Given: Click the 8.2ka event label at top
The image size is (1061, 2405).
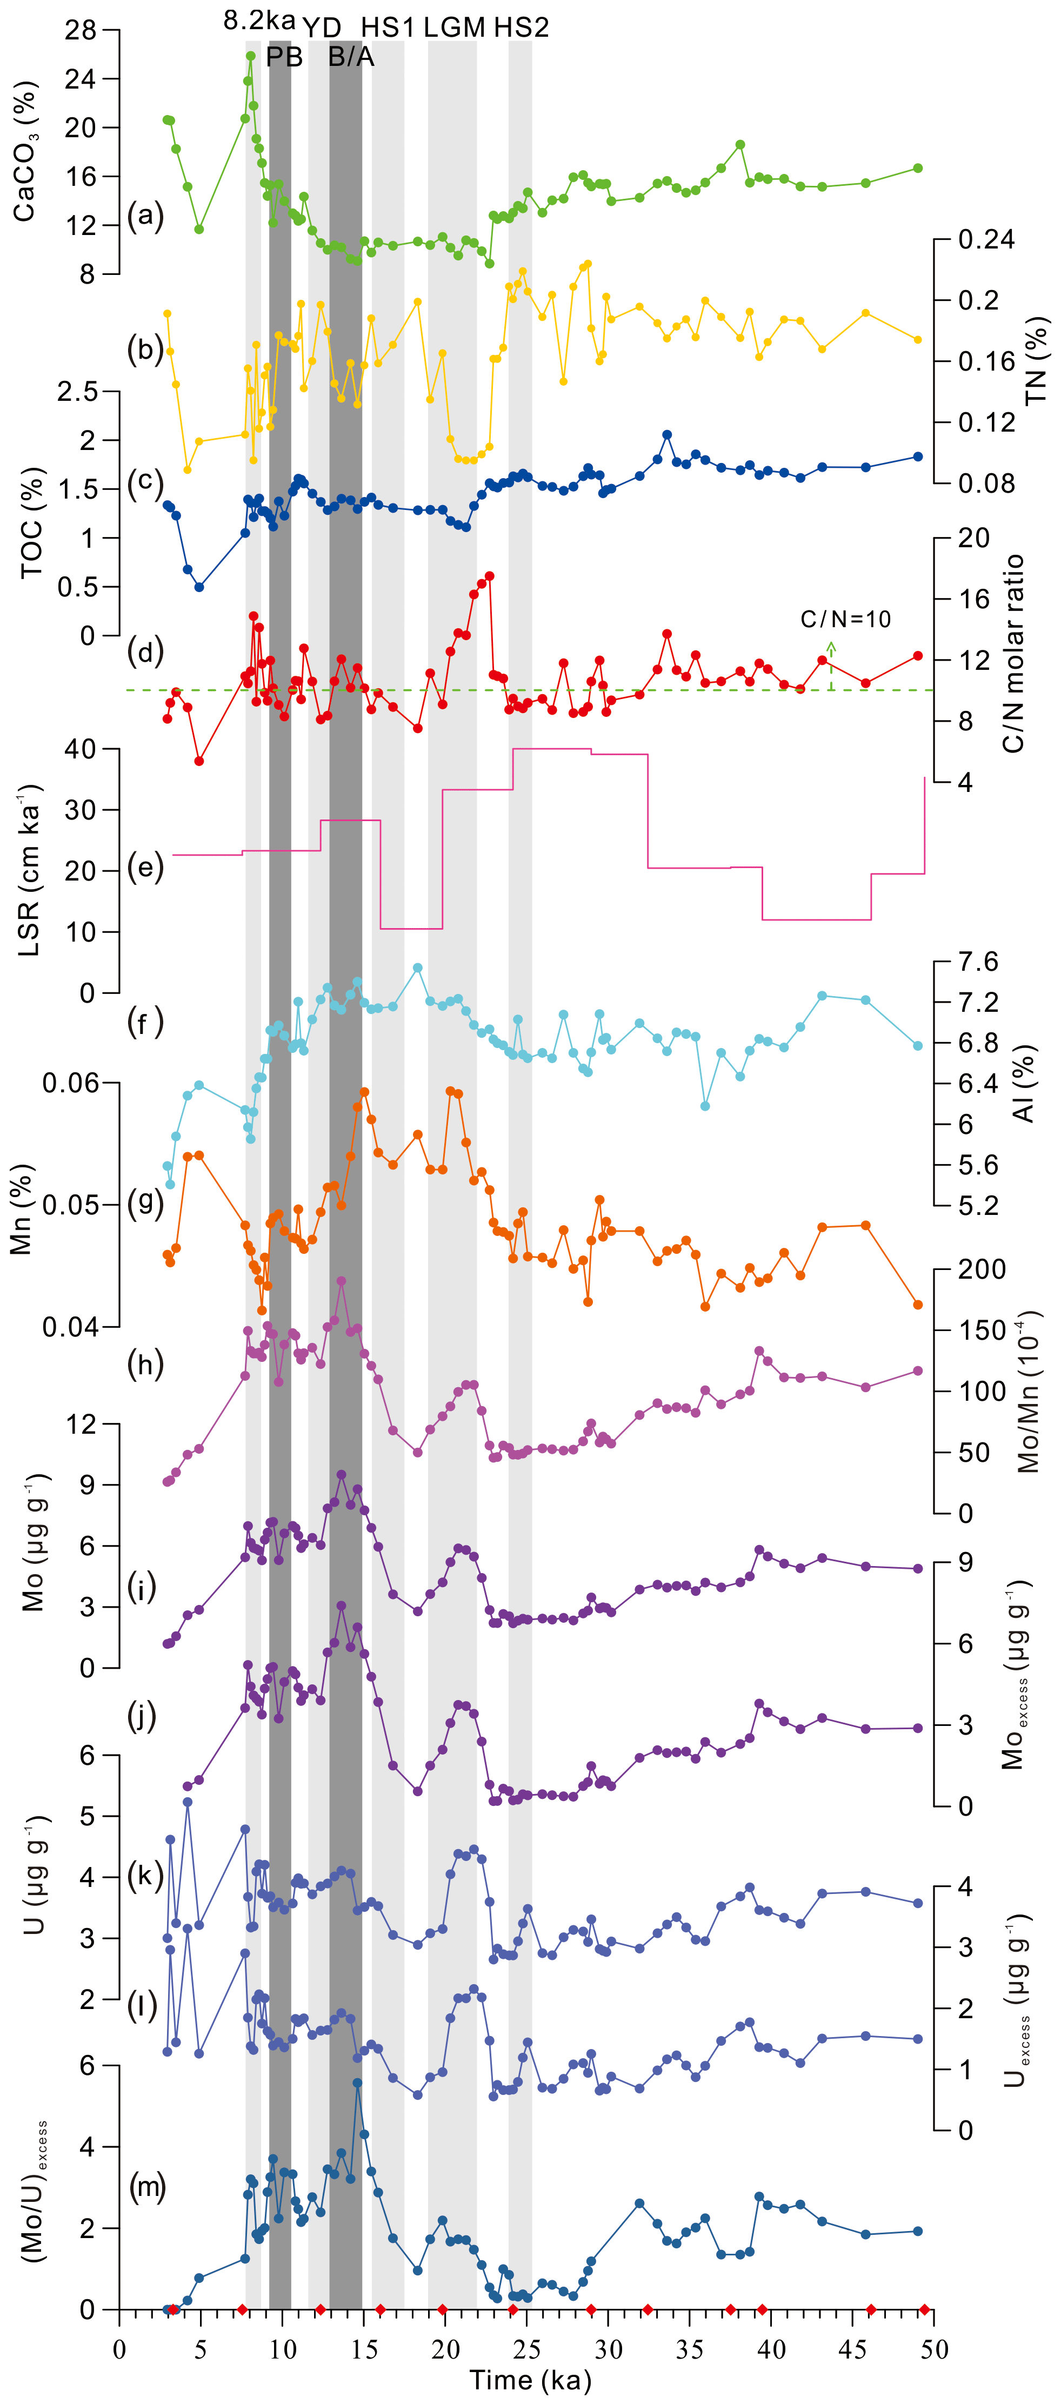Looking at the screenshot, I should tap(259, 21).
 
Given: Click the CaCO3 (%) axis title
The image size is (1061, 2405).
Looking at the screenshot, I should tap(25, 151).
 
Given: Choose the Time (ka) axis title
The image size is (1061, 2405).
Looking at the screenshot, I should tap(530, 2379).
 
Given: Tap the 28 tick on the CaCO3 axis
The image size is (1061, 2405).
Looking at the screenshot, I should tap(81, 31).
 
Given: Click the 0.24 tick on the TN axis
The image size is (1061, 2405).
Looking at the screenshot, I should tap(986, 240).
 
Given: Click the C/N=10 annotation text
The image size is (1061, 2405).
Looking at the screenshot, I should tap(845, 619).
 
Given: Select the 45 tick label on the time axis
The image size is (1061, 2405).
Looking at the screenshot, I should tap(852, 2349).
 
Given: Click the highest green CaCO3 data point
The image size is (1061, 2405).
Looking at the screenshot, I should tap(250, 56).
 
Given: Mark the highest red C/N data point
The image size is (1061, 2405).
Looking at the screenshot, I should tap(489, 576).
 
